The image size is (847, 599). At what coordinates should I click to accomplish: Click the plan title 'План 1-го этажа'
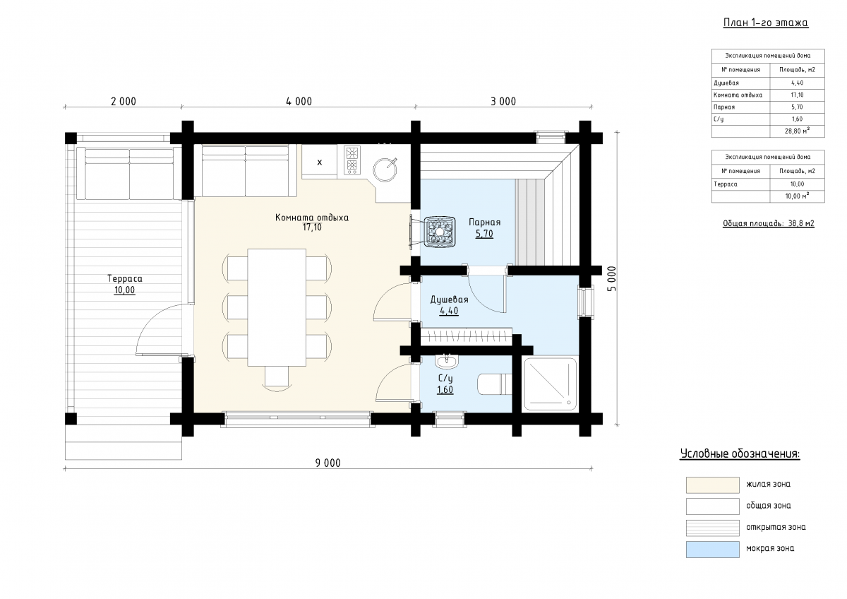click(x=766, y=23)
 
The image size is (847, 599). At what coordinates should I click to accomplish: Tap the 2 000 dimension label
click(x=124, y=102)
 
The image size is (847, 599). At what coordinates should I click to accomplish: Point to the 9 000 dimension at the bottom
click(x=328, y=463)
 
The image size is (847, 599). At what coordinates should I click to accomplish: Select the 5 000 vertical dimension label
click(x=612, y=279)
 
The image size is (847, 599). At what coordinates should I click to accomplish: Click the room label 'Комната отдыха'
click(x=312, y=218)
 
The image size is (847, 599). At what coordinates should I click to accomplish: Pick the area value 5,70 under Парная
click(x=484, y=234)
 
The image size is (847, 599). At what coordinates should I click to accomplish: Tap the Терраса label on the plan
click(x=125, y=279)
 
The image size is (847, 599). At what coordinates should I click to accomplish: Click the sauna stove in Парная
click(x=439, y=232)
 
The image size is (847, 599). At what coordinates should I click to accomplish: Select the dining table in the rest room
click(x=277, y=307)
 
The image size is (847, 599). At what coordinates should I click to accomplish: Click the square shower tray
click(x=550, y=384)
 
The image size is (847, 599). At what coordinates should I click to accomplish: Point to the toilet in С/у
click(x=495, y=384)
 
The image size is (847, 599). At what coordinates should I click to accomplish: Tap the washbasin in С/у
click(x=447, y=362)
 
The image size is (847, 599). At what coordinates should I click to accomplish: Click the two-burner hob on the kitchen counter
click(x=352, y=160)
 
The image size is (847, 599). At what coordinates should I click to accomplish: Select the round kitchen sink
click(x=385, y=170)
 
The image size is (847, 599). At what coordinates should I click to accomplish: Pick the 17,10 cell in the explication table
click(x=797, y=95)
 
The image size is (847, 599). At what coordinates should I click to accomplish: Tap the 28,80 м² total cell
click(x=797, y=131)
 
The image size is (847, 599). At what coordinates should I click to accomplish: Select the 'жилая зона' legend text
click(x=769, y=484)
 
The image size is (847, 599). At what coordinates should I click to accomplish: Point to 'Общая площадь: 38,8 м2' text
click(x=769, y=224)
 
